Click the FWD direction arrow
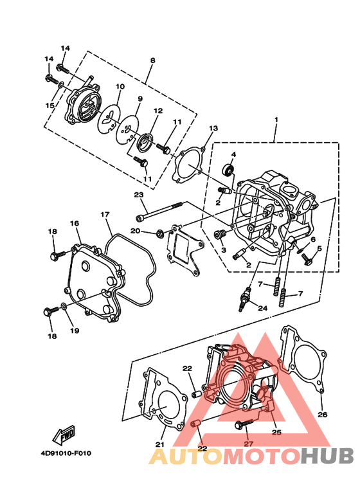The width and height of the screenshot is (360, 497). tap(64, 434)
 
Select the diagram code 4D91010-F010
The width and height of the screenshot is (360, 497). tap(66, 453)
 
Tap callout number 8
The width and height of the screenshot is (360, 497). tap(153, 60)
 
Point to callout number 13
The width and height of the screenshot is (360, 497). tap(213, 129)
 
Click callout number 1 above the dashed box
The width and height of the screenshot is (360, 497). tap(276, 120)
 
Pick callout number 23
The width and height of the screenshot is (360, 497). tap(139, 195)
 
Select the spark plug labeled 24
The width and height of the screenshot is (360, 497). tap(245, 299)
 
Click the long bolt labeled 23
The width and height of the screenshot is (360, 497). tap(159, 211)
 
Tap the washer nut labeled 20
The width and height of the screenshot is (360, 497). tap(160, 234)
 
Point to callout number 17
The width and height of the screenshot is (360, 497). tap(105, 215)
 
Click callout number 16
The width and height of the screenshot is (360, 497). tap(75, 224)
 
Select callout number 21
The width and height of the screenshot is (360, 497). tap(160, 444)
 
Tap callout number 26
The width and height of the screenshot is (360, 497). tap(323, 414)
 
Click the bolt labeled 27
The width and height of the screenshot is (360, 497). tap(244, 424)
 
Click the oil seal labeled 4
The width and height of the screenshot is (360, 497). tap(228, 170)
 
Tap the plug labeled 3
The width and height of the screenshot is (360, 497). tap(219, 236)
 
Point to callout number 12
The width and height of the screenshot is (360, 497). tap(158, 111)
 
